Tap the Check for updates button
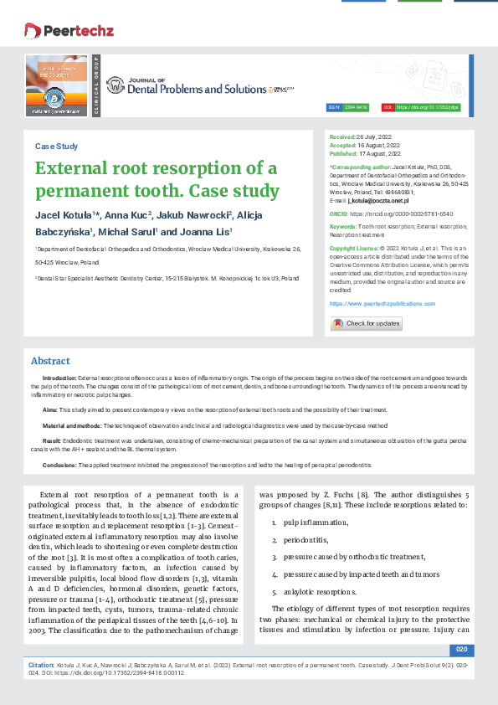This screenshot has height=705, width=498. [x=367, y=323]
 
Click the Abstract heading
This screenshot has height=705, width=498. [x=50, y=361]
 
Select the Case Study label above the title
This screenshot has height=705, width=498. [x=56, y=146]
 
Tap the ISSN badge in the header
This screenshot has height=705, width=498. [x=351, y=108]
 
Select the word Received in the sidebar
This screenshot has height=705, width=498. [x=342, y=136]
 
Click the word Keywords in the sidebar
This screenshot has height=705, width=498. [x=342, y=226]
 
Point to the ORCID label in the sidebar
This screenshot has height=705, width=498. [x=339, y=214]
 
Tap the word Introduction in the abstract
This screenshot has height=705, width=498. [x=59, y=378]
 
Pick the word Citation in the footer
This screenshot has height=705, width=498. [x=41, y=663]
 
